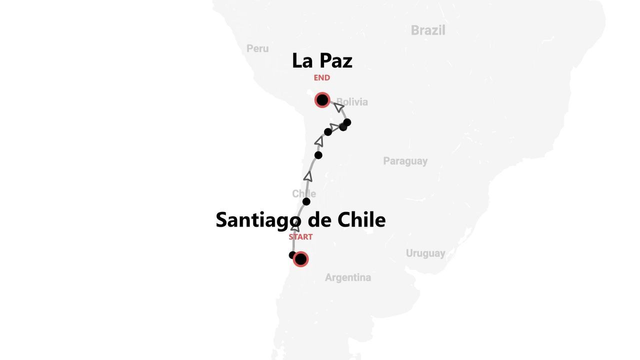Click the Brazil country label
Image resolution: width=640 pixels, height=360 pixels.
(x=428, y=30)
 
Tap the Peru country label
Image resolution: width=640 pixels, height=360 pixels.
(x=257, y=48)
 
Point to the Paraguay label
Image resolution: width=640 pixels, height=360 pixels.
(x=405, y=161)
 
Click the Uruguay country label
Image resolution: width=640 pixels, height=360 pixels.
(x=425, y=253)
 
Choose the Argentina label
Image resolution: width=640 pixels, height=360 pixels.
(x=348, y=277)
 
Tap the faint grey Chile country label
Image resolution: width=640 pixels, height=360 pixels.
(x=304, y=193)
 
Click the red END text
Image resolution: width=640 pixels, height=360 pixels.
(x=322, y=78)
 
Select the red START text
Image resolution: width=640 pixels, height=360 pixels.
(x=300, y=237)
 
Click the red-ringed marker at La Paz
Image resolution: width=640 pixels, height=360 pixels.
(x=322, y=100)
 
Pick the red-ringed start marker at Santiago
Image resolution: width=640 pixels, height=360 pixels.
(x=300, y=259)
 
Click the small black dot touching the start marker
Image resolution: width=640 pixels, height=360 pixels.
(x=292, y=255)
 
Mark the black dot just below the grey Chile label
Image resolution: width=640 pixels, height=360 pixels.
(x=306, y=201)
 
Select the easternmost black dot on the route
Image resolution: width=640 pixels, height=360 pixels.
(x=347, y=122)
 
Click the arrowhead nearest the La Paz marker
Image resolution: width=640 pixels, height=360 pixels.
(x=339, y=107)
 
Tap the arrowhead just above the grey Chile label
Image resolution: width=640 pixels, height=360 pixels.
(x=308, y=176)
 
